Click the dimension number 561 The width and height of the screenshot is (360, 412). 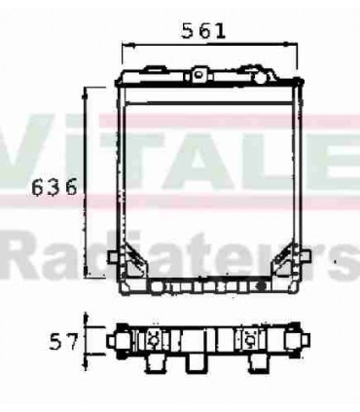pos(203,30)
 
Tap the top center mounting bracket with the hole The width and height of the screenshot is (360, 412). pos(199,74)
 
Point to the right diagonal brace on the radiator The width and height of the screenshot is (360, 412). pos(285,259)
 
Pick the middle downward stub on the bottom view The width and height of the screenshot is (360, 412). pos(200,363)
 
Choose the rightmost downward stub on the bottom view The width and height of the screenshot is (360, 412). pos(258,363)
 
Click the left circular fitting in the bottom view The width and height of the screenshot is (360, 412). pos(155,340)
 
